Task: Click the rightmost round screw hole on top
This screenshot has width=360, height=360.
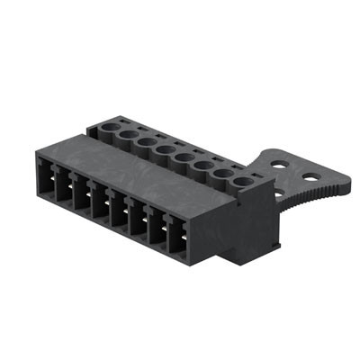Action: click(243, 183)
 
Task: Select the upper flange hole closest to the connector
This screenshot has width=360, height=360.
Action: click(282, 165)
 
